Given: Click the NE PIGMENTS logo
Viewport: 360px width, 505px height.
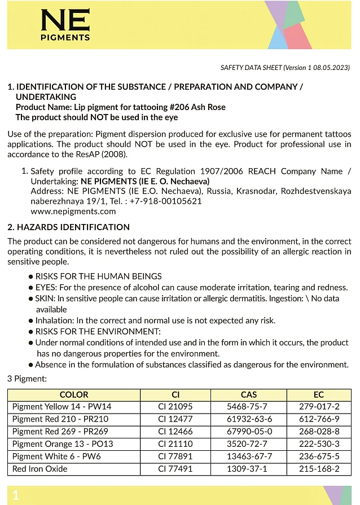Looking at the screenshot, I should pos(65,25).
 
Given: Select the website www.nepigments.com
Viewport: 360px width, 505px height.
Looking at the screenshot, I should pos(73,212).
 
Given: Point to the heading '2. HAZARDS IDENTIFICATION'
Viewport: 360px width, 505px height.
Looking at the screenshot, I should pos(68,227).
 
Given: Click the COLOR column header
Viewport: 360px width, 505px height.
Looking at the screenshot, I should pos(74,395).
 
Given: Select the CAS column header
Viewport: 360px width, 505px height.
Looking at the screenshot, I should pos(248,395).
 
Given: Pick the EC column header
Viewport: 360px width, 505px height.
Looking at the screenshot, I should pos(319,395).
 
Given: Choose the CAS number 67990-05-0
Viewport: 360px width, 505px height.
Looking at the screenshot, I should pos(249,431).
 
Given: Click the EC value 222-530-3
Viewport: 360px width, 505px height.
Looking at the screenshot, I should pos(319,443).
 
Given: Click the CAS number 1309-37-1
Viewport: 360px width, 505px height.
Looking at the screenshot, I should pos(249,469).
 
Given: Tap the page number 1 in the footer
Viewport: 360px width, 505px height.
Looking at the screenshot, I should pos(16,495).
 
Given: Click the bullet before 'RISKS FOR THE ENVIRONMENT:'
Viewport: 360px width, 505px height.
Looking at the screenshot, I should pos(31,332).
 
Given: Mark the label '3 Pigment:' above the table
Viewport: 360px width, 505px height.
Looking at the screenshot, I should pos(27,379).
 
